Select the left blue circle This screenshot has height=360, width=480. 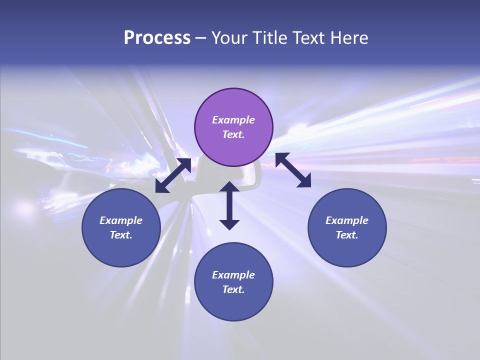pos(121,227)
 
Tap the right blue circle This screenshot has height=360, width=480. pos(347,227)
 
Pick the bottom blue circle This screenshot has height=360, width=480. pos(233,281)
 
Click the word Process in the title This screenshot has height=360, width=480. pos(157,37)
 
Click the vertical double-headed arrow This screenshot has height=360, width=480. pos(229,205)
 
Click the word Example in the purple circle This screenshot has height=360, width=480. pos(233,120)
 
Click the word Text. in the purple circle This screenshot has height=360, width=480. pos(233,134)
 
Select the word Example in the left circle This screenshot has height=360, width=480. pos(121,220)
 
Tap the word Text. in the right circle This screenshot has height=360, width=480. pos(347,235)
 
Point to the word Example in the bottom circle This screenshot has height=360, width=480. pos(233,275)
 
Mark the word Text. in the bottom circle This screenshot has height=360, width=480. pos(233,289)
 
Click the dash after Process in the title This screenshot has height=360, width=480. pos(200,38)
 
